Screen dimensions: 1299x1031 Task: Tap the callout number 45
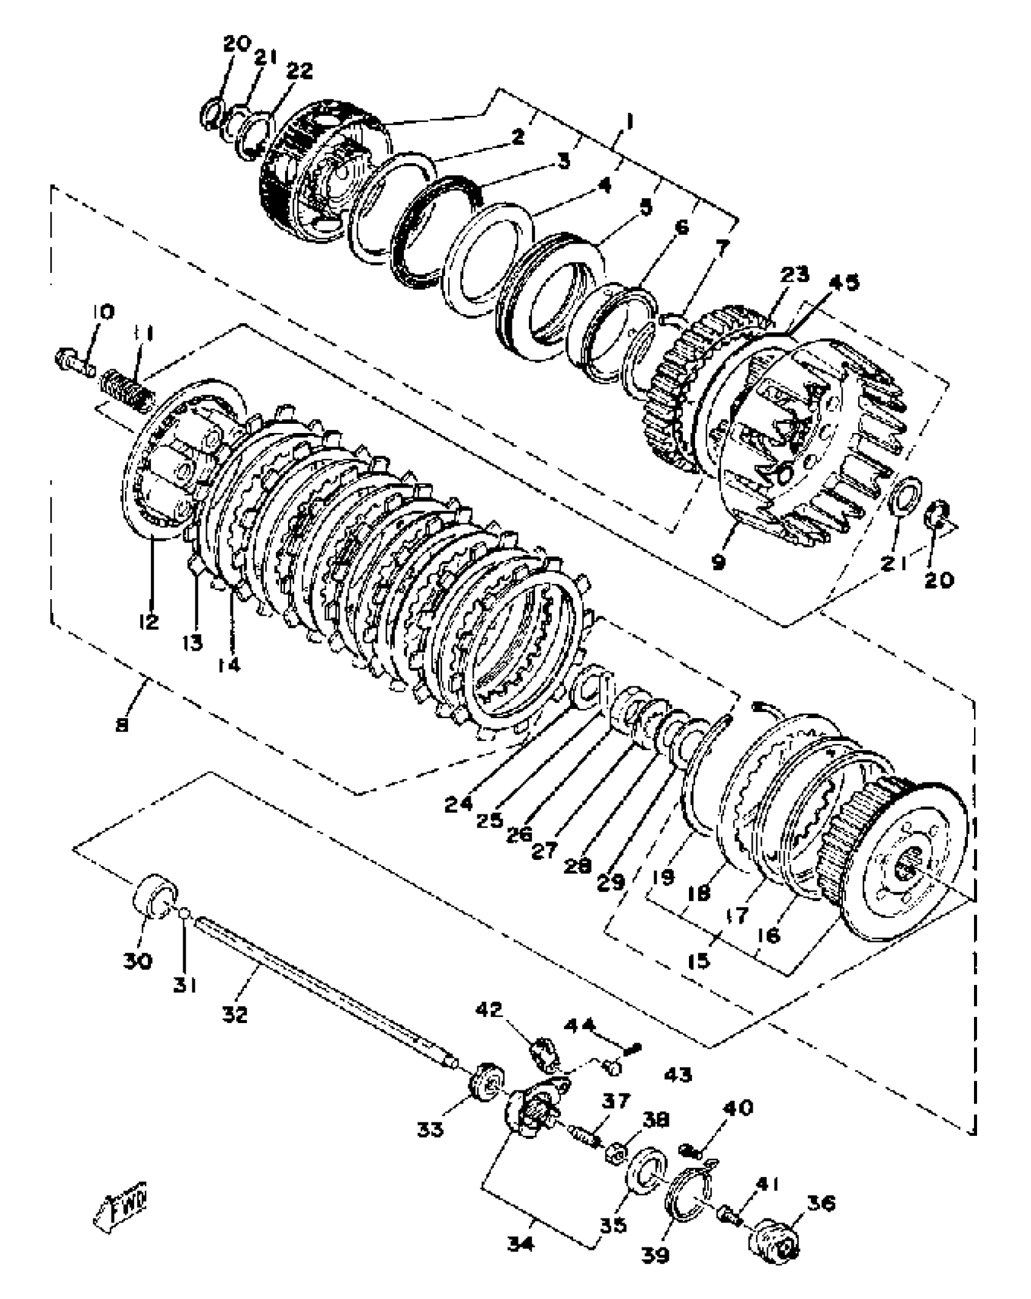[x=844, y=283]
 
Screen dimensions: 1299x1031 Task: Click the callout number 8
[x=122, y=725]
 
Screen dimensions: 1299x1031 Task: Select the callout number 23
[x=794, y=275]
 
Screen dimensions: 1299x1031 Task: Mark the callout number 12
[x=149, y=621]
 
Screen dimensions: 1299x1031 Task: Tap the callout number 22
[x=299, y=71]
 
